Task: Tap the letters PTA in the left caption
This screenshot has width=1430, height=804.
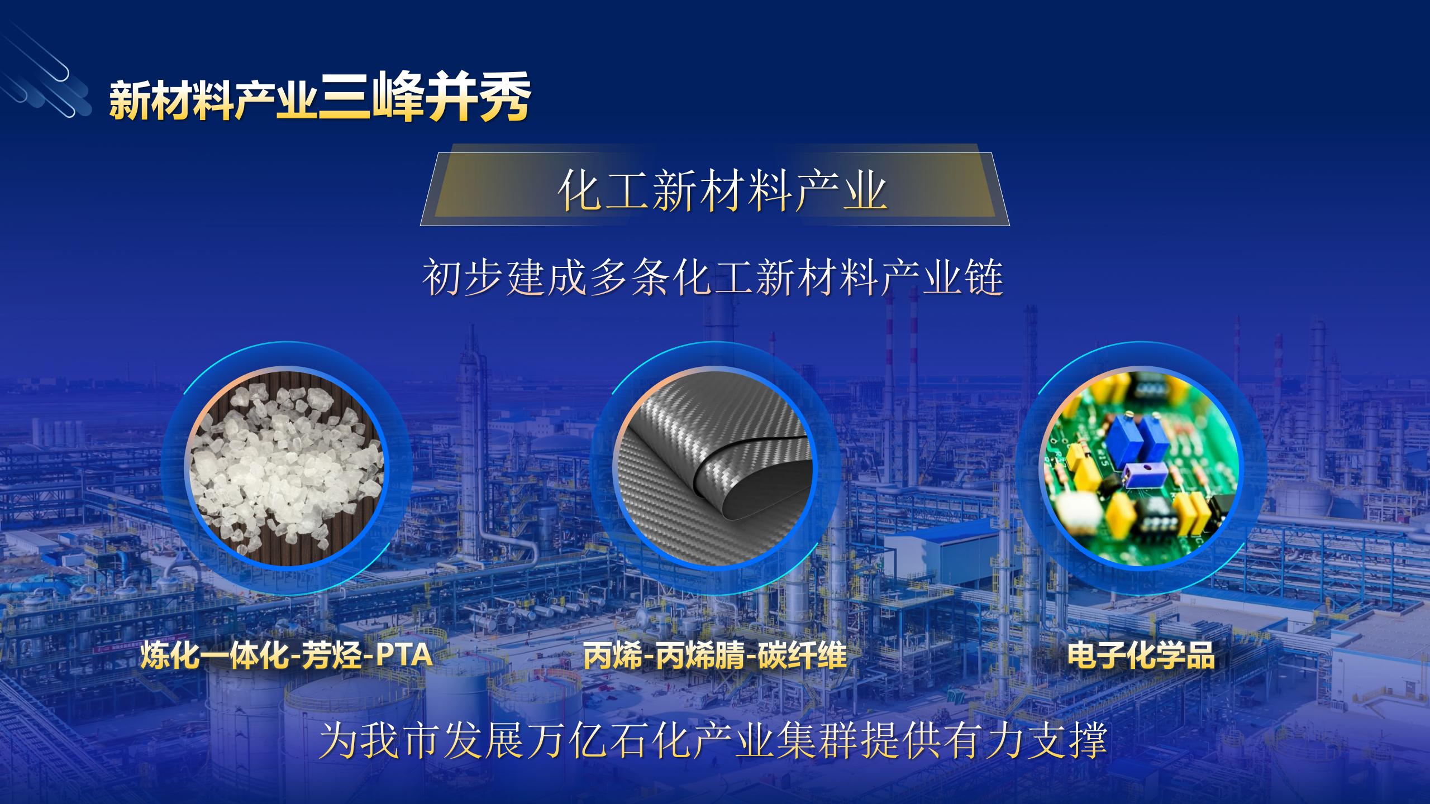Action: tap(403, 656)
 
